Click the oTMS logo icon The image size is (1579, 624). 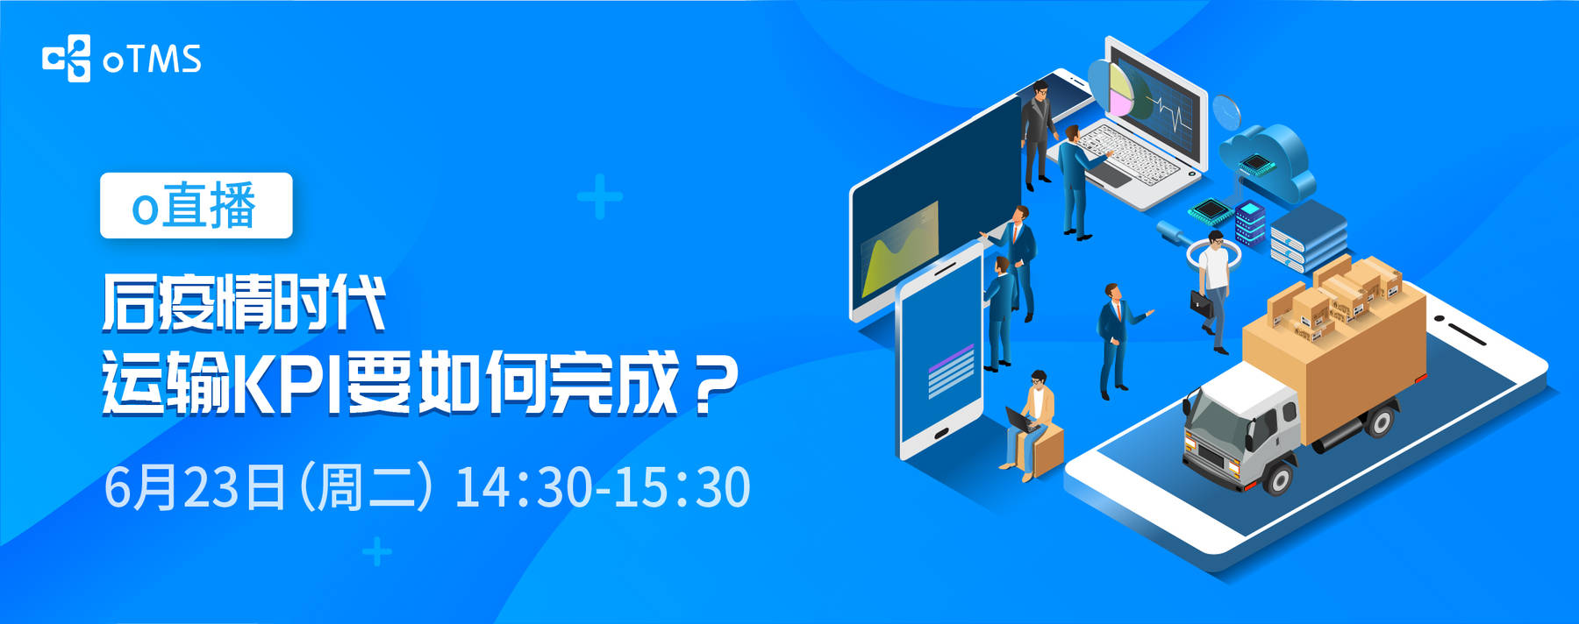click(x=66, y=59)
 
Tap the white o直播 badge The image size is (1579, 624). click(x=196, y=205)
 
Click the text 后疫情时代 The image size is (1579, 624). click(x=244, y=303)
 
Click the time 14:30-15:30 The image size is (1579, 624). click(x=603, y=487)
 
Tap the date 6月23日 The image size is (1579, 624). click(x=195, y=487)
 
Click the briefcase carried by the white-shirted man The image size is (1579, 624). click(x=1201, y=302)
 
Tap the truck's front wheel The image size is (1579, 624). click(x=1279, y=477)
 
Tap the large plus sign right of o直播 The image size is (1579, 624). click(x=600, y=196)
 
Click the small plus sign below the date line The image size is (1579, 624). click(x=377, y=552)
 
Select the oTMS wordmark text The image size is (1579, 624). click(x=153, y=59)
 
